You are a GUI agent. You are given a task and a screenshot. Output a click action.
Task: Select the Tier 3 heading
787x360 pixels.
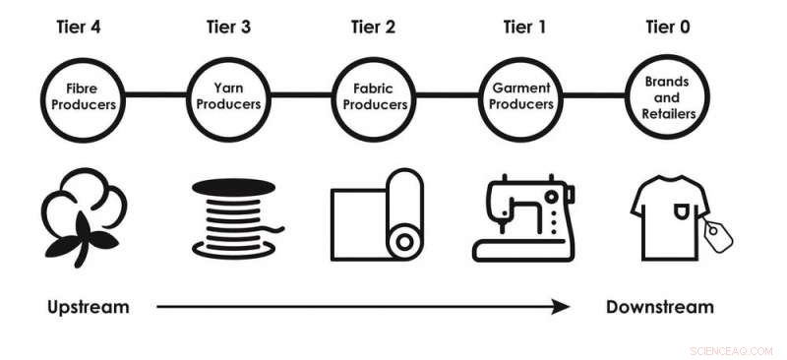(229, 28)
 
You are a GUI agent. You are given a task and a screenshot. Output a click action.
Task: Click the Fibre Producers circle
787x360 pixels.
(84, 95)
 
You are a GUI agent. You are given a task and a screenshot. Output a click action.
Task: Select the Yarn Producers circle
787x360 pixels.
(229, 95)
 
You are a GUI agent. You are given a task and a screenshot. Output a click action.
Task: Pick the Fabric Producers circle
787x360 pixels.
(373, 95)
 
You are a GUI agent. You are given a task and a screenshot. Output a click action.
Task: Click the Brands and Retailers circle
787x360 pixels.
(667, 95)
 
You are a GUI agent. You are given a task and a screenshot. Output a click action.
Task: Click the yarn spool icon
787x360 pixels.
(230, 216)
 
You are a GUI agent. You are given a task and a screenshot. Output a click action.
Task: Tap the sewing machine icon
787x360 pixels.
(520, 216)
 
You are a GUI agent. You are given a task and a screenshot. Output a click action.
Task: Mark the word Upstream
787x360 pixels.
(89, 307)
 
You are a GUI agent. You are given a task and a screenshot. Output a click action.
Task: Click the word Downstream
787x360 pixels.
(660, 307)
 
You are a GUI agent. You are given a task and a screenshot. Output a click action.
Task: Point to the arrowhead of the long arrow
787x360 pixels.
(561, 307)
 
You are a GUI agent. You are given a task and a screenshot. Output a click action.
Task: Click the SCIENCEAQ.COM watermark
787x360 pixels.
(732, 349)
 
